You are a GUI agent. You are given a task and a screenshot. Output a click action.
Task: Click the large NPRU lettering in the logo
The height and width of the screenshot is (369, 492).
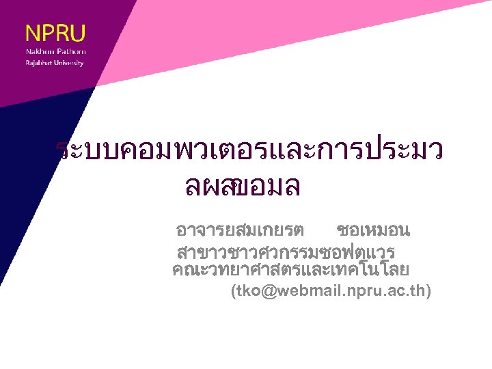tap(55, 33)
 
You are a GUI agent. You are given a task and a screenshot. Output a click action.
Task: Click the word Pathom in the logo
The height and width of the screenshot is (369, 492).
tap(71, 52)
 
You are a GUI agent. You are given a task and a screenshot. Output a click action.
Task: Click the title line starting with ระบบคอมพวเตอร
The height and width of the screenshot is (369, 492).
tap(249, 151)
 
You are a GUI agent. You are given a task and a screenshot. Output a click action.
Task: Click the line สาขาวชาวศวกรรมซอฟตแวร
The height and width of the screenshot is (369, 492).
tap(286, 248)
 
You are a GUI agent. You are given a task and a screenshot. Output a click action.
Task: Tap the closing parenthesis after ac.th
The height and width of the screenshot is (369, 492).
tap(428, 291)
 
